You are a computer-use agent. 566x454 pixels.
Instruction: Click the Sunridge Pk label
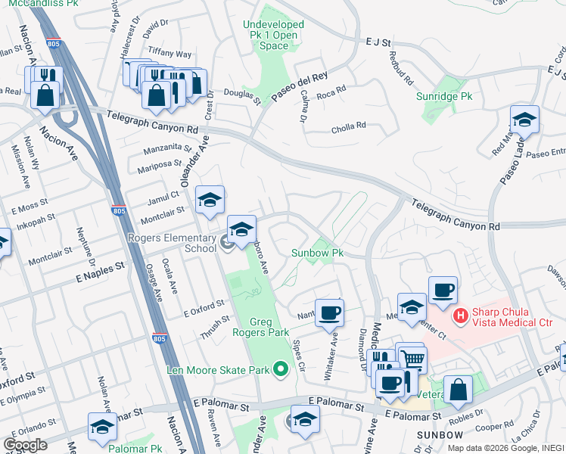click(444, 97)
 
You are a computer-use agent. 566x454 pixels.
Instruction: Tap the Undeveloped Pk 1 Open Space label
click(273, 35)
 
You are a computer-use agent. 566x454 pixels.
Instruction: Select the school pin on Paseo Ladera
click(524, 119)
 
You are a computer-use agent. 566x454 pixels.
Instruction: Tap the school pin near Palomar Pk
click(102, 425)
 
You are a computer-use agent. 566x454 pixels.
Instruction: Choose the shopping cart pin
click(412, 359)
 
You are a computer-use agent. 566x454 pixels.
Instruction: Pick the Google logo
click(25, 445)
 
